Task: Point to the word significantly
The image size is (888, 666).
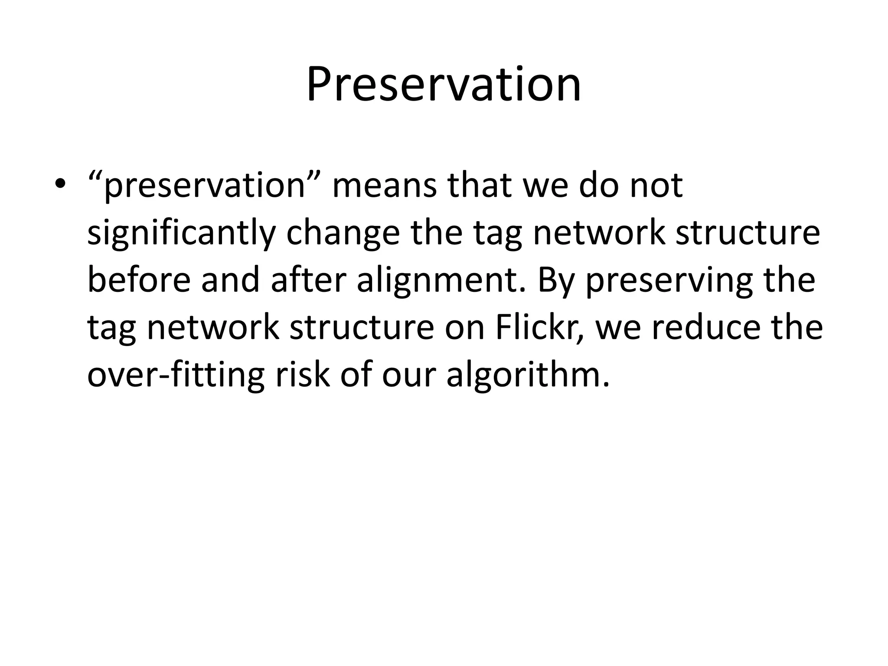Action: point(181,233)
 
